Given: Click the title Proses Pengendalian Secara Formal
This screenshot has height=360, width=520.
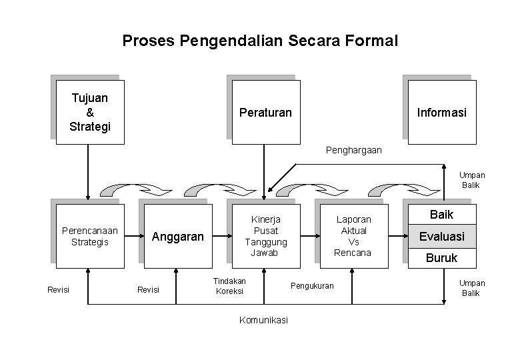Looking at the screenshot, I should (260, 41).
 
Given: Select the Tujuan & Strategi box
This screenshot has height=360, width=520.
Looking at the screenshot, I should (89, 112).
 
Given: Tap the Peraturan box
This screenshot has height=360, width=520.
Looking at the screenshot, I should (265, 113).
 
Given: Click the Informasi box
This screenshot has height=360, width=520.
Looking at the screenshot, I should (441, 113).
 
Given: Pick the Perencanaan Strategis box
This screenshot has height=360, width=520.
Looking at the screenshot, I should (89, 236).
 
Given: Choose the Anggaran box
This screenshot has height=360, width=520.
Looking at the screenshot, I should (177, 236).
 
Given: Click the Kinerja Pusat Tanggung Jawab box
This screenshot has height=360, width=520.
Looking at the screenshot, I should (265, 236).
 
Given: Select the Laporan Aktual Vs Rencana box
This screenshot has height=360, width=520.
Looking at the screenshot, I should (353, 236).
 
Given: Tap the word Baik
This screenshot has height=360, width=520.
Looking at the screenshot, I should (441, 215).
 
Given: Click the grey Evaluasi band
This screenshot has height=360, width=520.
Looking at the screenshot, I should (441, 236).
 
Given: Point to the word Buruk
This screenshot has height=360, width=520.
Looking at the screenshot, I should (441, 257).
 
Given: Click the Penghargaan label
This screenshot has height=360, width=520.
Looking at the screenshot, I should (354, 150).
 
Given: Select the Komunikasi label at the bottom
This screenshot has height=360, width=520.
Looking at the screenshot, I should (263, 320).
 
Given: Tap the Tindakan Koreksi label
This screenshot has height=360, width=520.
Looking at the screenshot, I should (229, 286).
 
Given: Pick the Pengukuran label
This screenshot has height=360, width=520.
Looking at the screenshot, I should (312, 286).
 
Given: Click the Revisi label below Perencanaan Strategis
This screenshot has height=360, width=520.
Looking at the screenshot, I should (59, 289).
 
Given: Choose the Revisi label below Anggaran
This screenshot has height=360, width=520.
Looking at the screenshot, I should (147, 289).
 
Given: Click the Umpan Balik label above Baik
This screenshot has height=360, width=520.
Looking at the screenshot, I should (472, 180).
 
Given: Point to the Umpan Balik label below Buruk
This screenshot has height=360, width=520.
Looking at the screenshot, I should (472, 288).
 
